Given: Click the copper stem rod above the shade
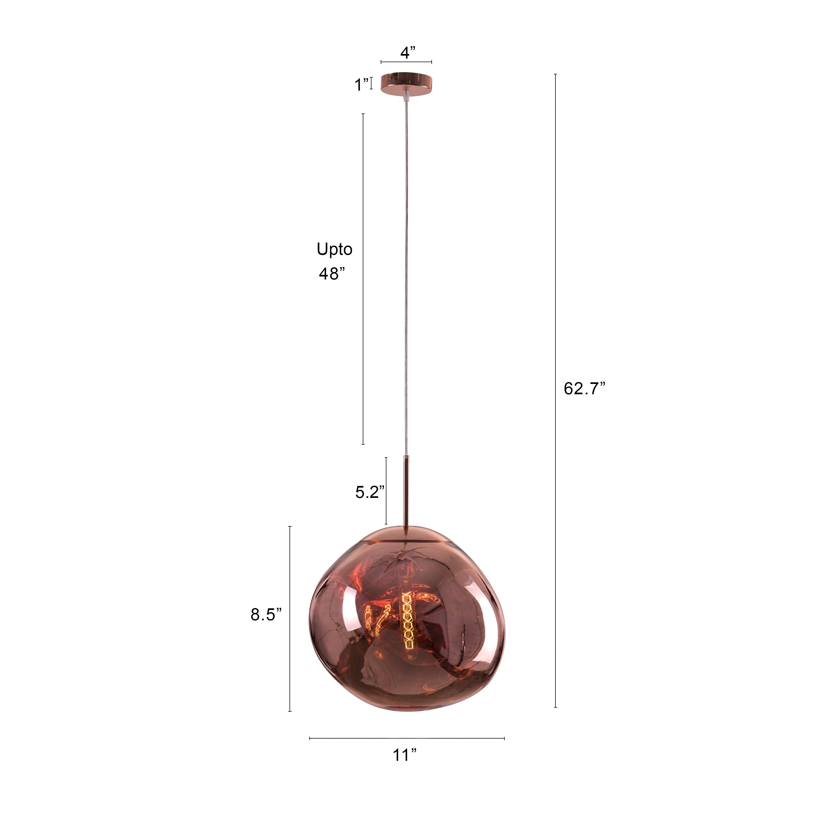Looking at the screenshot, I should [x=406, y=493].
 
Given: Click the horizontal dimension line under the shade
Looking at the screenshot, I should [x=406, y=738].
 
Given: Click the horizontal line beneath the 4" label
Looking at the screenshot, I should [x=406, y=62].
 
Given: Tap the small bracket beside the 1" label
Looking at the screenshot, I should [x=371, y=83].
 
